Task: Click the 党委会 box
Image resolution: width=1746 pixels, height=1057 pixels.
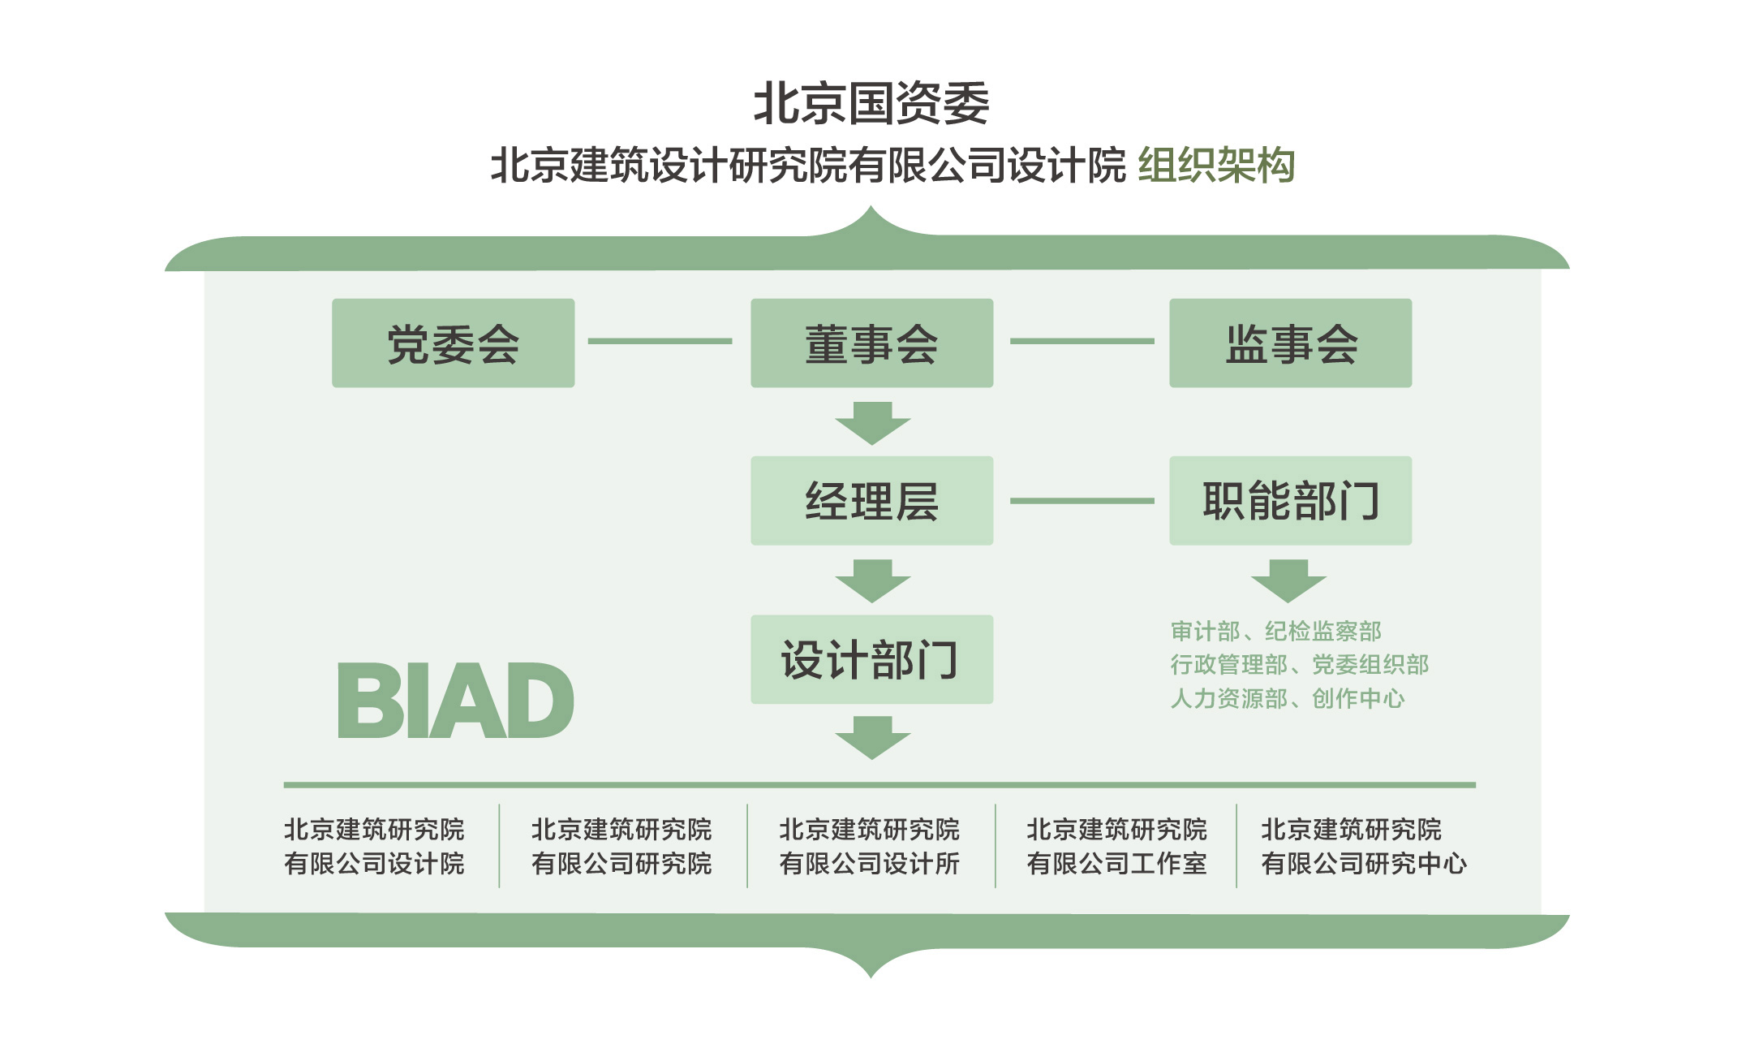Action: point(453,343)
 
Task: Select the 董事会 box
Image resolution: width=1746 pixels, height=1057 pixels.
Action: point(871,343)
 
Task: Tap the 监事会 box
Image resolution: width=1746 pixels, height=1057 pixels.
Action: point(1290,343)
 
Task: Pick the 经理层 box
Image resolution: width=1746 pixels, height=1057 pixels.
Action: point(871,500)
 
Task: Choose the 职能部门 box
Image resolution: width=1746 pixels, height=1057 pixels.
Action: point(1290,500)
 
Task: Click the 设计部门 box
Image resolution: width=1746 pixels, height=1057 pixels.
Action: point(871,659)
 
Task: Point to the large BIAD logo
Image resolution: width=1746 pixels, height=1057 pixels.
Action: point(455,700)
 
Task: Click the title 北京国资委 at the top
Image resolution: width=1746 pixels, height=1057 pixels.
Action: point(871,103)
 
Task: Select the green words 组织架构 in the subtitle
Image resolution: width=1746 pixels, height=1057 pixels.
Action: point(1215,166)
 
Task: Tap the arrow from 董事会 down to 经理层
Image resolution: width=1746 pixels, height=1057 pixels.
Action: point(872,423)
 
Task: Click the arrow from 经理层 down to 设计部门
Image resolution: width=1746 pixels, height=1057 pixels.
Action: point(872,580)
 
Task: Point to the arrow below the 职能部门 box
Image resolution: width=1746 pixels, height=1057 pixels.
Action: point(1288,580)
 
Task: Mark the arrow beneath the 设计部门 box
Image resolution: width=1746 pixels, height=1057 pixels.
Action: point(872,737)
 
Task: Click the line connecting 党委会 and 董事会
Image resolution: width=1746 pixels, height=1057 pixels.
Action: point(660,341)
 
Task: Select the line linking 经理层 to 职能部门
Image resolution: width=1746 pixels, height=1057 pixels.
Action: point(1082,501)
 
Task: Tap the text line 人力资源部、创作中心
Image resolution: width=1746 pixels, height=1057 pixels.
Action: point(1287,698)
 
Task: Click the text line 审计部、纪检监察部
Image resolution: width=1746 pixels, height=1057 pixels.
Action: point(1275,631)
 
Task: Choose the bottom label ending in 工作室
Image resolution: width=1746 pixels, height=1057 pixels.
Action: point(1116,846)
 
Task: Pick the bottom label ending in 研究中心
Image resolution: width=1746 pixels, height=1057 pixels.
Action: point(1363,846)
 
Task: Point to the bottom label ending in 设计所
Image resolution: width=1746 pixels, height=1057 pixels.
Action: point(869,846)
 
